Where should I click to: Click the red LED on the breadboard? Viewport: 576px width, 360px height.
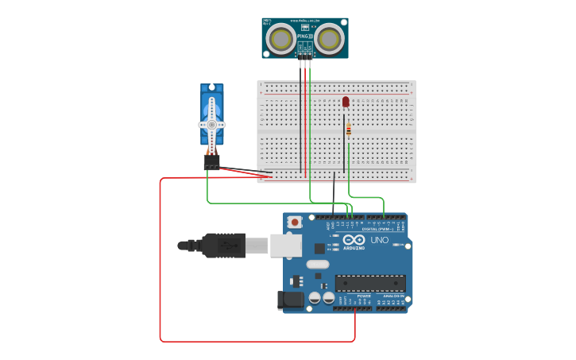click(x=346, y=101)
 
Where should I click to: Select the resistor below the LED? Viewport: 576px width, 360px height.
click(x=348, y=130)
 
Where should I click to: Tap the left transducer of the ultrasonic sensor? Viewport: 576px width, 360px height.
click(x=280, y=38)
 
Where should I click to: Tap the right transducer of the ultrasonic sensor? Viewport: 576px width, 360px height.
click(x=330, y=37)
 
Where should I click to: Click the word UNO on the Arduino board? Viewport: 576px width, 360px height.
click(x=380, y=240)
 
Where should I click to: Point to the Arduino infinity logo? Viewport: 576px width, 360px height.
click(x=355, y=241)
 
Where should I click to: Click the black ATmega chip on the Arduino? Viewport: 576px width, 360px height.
click(x=370, y=283)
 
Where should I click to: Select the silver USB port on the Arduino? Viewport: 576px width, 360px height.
click(x=286, y=245)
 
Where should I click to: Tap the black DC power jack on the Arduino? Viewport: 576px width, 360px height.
click(x=291, y=300)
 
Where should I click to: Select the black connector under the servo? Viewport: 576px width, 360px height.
click(x=211, y=161)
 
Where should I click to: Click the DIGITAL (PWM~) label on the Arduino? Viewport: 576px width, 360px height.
click(x=377, y=229)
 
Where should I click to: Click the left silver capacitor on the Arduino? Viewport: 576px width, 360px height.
click(x=315, y=297)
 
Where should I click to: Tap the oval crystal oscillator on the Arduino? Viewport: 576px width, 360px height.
click(x=317, y=265)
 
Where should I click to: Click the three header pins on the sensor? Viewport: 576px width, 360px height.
click(x=305, y=54)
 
